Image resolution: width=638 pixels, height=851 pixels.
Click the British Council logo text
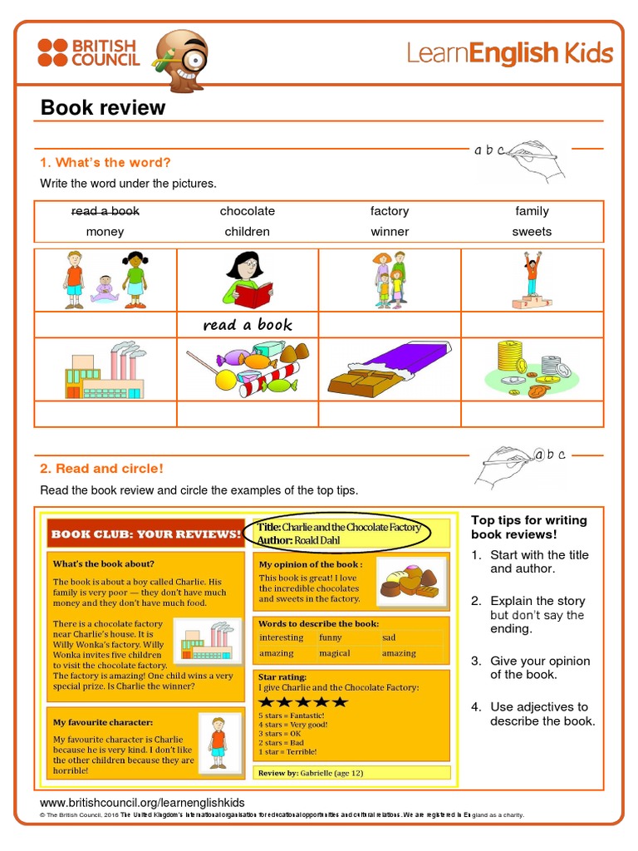click(104, 52)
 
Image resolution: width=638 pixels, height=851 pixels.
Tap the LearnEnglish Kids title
click(509, 53)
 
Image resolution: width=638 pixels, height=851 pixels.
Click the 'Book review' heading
click(103, 108)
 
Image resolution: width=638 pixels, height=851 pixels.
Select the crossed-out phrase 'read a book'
click(105, 211)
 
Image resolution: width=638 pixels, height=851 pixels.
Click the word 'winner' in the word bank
click(390, 232)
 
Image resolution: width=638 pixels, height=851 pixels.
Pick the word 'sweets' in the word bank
click(532, 232)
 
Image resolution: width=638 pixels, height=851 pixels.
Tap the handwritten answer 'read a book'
click(248, 325)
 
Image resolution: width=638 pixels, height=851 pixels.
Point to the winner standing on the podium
click(532, 279)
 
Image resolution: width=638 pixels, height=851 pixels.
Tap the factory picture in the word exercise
click(105, 370)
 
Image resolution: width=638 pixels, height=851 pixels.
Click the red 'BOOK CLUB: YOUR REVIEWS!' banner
click(146, 534)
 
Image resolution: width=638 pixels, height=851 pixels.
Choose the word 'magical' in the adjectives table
click(335, 653)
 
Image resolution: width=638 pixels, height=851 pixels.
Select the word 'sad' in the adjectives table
click(389, 637)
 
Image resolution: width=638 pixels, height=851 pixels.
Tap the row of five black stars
click(303, 701)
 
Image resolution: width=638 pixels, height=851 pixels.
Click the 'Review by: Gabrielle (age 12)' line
click(311, 773)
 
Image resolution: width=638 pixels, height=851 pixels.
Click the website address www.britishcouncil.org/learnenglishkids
click(142, 803)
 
